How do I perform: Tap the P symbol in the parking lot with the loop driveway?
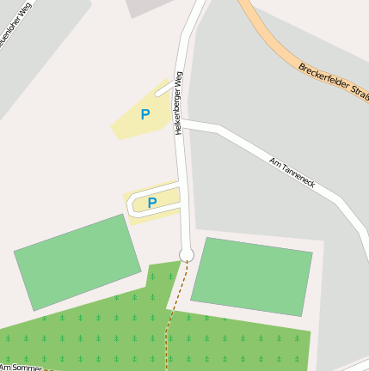(x=152, y=203)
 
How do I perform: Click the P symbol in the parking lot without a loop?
(x=145, y=114)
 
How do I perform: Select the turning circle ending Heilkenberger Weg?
(x=186, y=253)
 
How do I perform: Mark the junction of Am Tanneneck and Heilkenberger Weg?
(x=181, y=124)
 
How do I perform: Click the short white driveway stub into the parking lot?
(x=163, y=89)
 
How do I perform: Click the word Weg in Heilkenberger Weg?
(x=181, y=79)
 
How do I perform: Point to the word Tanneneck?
(x=301, y=175)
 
